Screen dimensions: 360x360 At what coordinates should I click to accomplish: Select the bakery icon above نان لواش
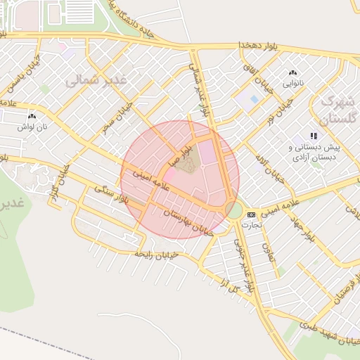click(x=32, y=117)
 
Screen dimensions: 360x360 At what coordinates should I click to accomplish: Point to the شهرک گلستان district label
click(x=337, y=109)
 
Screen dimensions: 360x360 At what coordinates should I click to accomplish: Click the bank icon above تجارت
click(x=252, y=214)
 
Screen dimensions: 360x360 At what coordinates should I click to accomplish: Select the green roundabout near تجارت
click(x=234, y=209)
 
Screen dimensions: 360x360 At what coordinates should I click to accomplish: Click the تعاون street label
click(x=265, y=246)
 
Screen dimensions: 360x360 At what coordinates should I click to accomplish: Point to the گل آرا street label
click(x=229, y=285)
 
